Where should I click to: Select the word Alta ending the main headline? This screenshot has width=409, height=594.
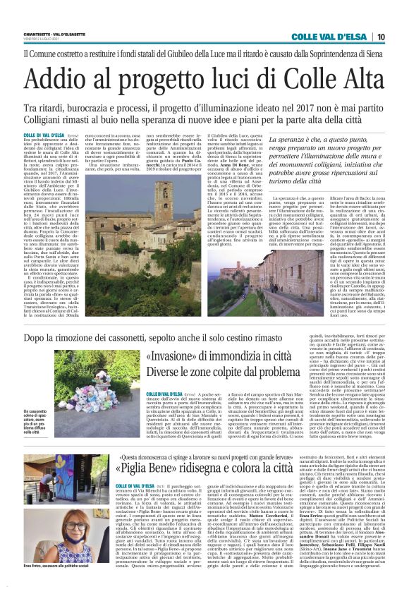click(355, 76)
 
